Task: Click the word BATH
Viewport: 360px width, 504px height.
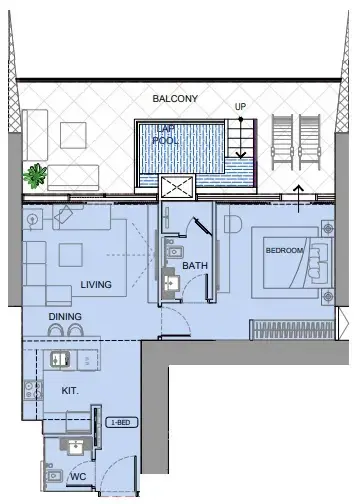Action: (x=194, y=266)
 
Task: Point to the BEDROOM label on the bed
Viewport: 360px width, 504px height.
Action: (x=284, y=251)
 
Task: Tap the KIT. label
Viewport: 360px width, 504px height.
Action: (x=71, y=390)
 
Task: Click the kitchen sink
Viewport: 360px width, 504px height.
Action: (x=56, y=358)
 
